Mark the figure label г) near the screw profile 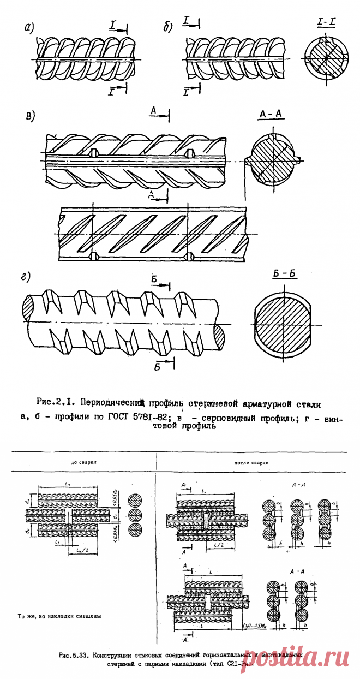point(25,277)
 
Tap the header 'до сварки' point(81,463)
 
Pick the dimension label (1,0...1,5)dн point(253,626)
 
